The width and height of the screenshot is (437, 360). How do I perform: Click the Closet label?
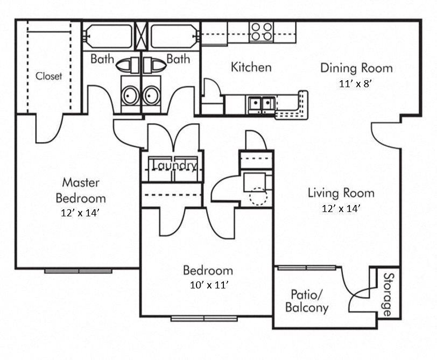48,76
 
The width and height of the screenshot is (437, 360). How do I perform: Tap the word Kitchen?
251,67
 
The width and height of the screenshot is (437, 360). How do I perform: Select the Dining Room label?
356,68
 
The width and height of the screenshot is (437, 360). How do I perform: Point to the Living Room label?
341,193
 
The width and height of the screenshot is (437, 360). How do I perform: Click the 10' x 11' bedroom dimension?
208,285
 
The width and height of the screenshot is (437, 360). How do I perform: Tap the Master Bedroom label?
81,190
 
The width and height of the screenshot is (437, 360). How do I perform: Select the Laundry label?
174,165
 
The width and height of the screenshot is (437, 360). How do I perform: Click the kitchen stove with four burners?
261,32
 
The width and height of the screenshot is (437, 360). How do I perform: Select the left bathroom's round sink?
130,96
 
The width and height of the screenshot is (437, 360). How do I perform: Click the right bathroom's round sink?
151,96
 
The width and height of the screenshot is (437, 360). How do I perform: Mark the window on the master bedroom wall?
78,271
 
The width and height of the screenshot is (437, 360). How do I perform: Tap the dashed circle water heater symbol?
258,196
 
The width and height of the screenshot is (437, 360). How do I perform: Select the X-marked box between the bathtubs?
142,36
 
